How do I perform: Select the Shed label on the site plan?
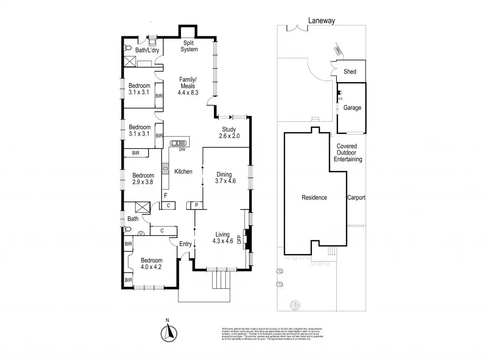[x=350, y=72]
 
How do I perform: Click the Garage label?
[x=352, y=108]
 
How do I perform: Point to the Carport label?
[x=356, y=197]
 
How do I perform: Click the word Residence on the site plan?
[x=314, y=197]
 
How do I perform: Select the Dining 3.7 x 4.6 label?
[x=225, y=178]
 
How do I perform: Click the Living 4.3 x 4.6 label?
[x=223, y=238]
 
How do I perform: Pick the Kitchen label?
[x=183, y=171]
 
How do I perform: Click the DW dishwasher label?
[x=182, y=149]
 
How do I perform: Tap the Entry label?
[x=185, y=244]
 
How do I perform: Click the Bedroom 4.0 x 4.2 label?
[x=151, y=264]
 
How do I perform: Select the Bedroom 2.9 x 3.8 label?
[x=143, y=178]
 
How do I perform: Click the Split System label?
[x=189, y=46]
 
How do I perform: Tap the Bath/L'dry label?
[x=147, y=50]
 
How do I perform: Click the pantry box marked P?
[x=196, y=205]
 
